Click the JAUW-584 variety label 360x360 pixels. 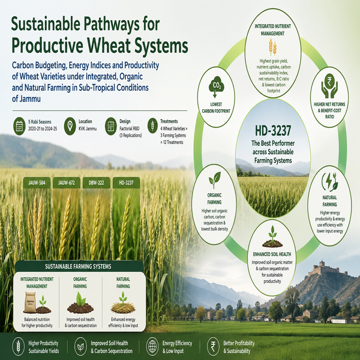pyautogui.click(x=37, y=183)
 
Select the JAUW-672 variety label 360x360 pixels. pyautogui.click(x=67, y=183)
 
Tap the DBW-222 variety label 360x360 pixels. pyautogui.click(x=96, y=183)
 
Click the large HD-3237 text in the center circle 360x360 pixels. pyautogui.click(x=273, y=131)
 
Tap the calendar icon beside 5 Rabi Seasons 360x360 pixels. pyautogui.click(x=19, y=126)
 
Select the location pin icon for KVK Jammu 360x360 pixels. pyautogui.click(x=70, y=126)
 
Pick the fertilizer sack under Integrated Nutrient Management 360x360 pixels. pyautogui.click(x=30, y=302)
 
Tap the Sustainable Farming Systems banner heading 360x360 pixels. pyautogui.click(x=78, y=266)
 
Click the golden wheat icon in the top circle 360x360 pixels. pyautogui.click(x=273, y=47)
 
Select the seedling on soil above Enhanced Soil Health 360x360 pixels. pyautogui.click(x=272, y=237)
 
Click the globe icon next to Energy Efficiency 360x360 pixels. pyautogui.click(x=152, y=346)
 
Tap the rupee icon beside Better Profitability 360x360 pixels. pyautogui.click(x=213, y=346)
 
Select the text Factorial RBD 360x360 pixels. pyautogui.click(x=129, y=128)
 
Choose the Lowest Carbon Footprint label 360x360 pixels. pyautogui.click(x=216, y=107)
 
